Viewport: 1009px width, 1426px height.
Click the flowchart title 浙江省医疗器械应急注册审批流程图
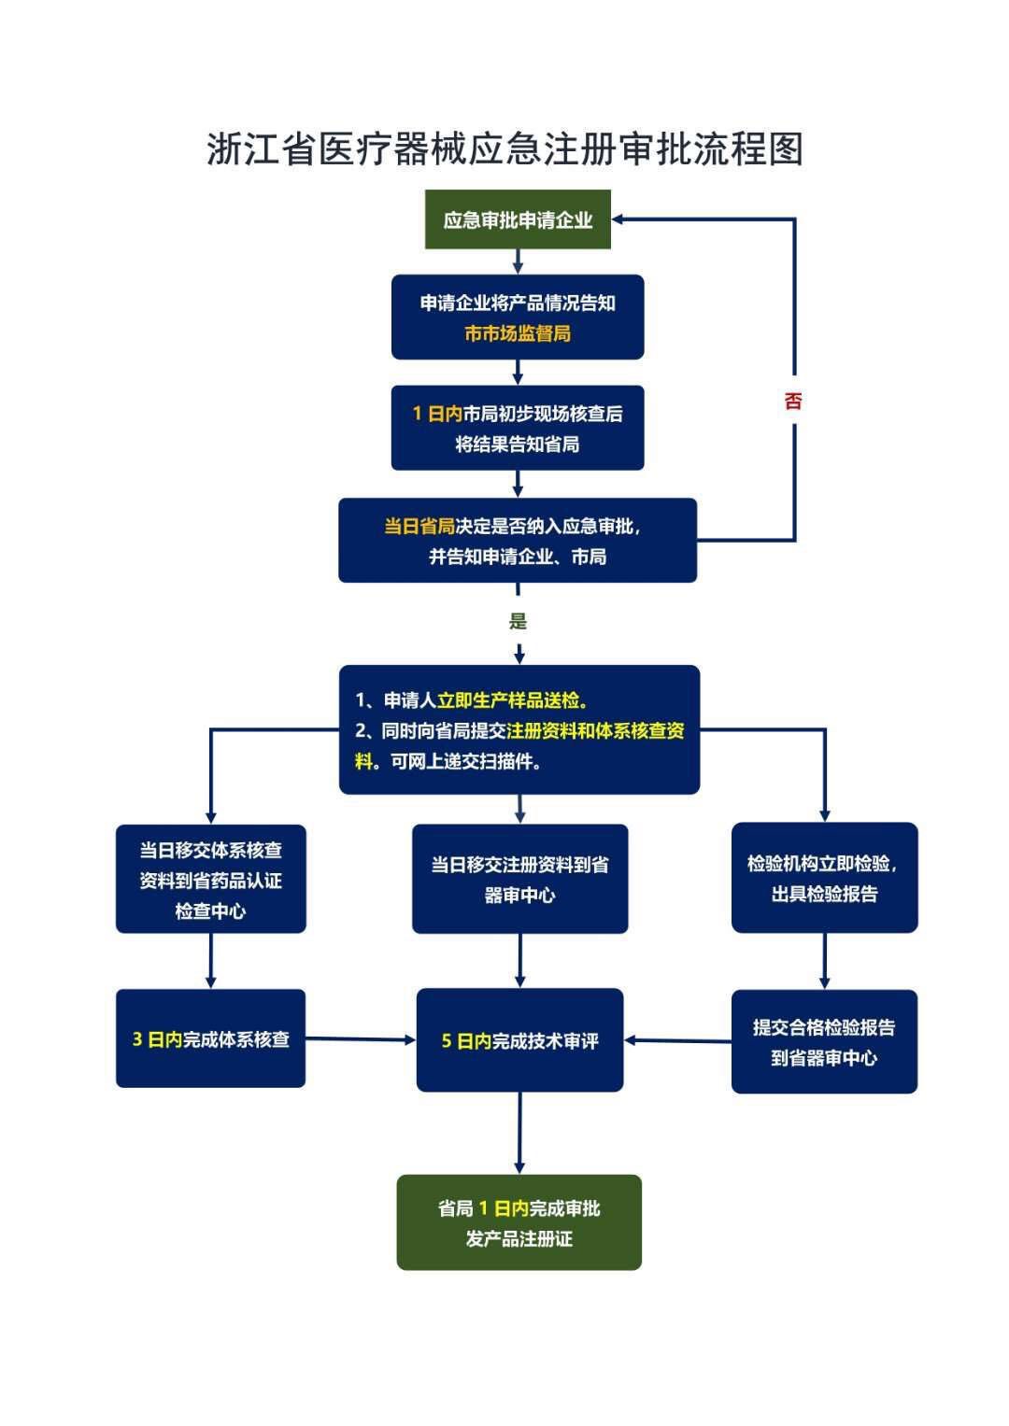(504, 149)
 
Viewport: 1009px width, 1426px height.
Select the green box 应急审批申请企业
(518, 220)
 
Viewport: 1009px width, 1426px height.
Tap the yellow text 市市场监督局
(518, 333)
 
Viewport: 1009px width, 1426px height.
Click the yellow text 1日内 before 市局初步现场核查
(437, 414)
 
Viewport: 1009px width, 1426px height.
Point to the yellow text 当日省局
(419, 527)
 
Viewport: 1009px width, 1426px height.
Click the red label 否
(793, 402)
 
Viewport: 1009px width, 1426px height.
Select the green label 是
(518, 622)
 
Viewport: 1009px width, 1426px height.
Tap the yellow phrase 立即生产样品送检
(512, 700)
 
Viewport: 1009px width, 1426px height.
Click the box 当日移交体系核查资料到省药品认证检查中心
(210, 879)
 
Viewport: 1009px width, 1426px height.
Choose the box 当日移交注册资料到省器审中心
(519, 879)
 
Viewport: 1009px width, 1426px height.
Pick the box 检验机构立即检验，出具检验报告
(824, 878)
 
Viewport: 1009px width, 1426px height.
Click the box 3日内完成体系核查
(210, 1038)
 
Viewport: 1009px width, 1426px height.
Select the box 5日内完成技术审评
(519, 1040)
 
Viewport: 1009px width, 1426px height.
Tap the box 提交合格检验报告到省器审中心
(824, 1041)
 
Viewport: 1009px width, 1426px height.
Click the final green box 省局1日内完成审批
(519, 1222)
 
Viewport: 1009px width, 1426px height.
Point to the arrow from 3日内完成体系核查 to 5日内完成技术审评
(361, 1039)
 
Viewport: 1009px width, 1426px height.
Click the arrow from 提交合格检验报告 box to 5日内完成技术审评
(677, 1040)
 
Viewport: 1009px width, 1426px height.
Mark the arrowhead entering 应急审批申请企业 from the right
(620, 219)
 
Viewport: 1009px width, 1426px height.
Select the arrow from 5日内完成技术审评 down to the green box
(519, 1133)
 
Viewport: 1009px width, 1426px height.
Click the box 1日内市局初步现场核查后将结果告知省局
(517, 428)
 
